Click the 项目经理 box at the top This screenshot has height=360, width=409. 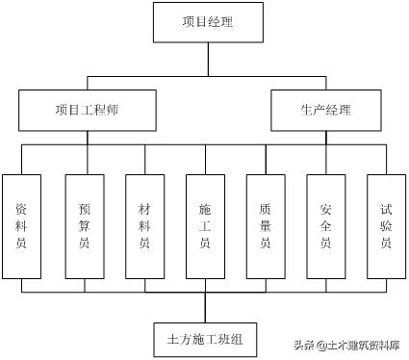click(206, 20)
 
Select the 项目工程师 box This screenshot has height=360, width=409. click(87, 111)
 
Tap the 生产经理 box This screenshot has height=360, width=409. click(324, 111)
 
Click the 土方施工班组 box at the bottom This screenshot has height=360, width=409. click(205, 338)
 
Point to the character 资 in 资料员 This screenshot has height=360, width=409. click(22, 208)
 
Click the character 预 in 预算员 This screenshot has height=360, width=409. click(84, 208)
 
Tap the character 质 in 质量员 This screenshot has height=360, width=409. click(266, 208)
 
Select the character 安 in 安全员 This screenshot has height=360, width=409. click(325, 208)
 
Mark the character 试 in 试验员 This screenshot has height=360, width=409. click(386, 208)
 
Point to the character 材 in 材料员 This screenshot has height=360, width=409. click(144, 208)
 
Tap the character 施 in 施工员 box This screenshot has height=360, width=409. click(205, 208)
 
